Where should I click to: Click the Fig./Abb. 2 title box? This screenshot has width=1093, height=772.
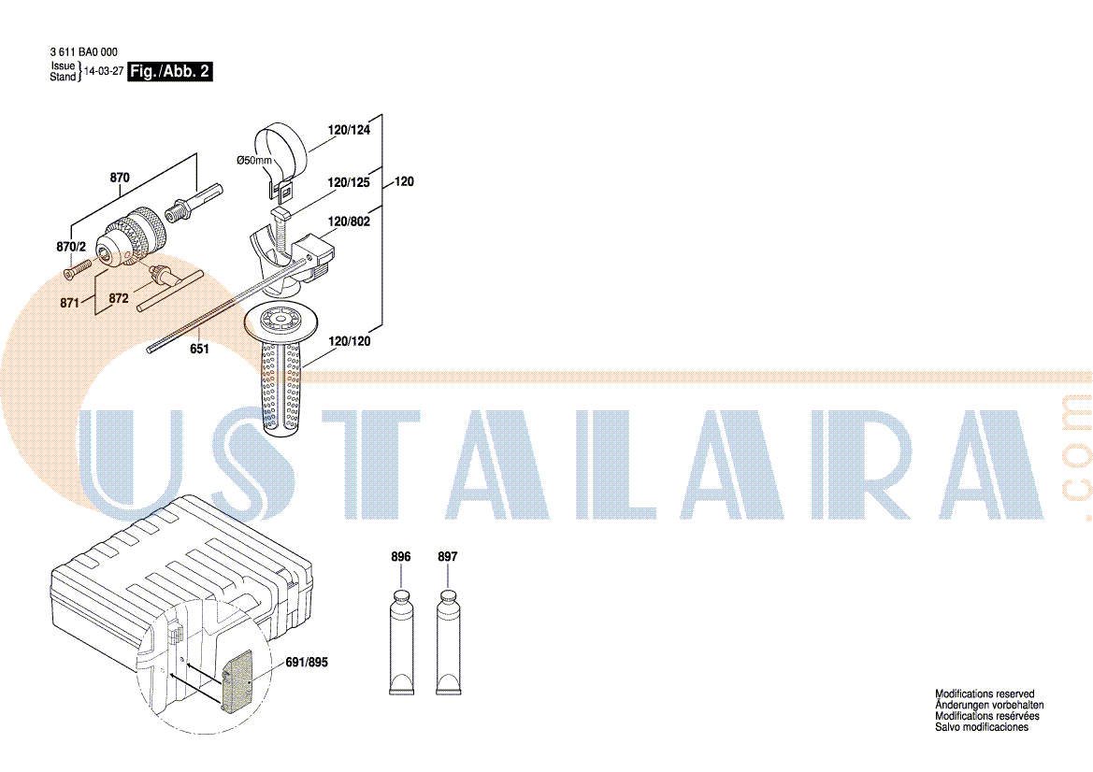(x=169, y=71)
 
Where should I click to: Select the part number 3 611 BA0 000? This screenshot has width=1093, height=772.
(x=83, y=51)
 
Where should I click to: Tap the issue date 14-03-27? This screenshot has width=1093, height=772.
(x=104, y=71)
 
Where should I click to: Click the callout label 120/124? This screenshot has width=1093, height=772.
(x=350, y=130)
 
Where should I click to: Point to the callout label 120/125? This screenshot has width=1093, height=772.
(x=349, y=182)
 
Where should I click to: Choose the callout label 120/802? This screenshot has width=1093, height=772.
(x=350, y=222)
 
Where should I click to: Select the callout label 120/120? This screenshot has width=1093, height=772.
(x=350, y=341)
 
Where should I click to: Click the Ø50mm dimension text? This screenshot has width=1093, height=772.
(x=253, y=160)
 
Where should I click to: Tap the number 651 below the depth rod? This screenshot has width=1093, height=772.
(x=199, y=349)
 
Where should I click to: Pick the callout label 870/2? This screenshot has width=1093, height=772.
(x=71, y=247)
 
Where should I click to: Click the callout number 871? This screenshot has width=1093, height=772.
(x=70, y=303)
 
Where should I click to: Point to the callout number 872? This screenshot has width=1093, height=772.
(x=119, y=298)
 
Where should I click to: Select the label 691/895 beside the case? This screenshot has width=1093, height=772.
(x=307, y=662)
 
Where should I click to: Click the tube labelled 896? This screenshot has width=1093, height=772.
(x=401, y=642)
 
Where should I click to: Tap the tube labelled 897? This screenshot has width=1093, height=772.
(x=448, y=642)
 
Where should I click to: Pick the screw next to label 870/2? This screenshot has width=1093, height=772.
(x=79, y=269)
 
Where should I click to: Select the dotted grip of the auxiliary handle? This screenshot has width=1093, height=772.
(x=281, y=387)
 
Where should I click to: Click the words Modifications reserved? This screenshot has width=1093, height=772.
(x=985, y=694)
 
